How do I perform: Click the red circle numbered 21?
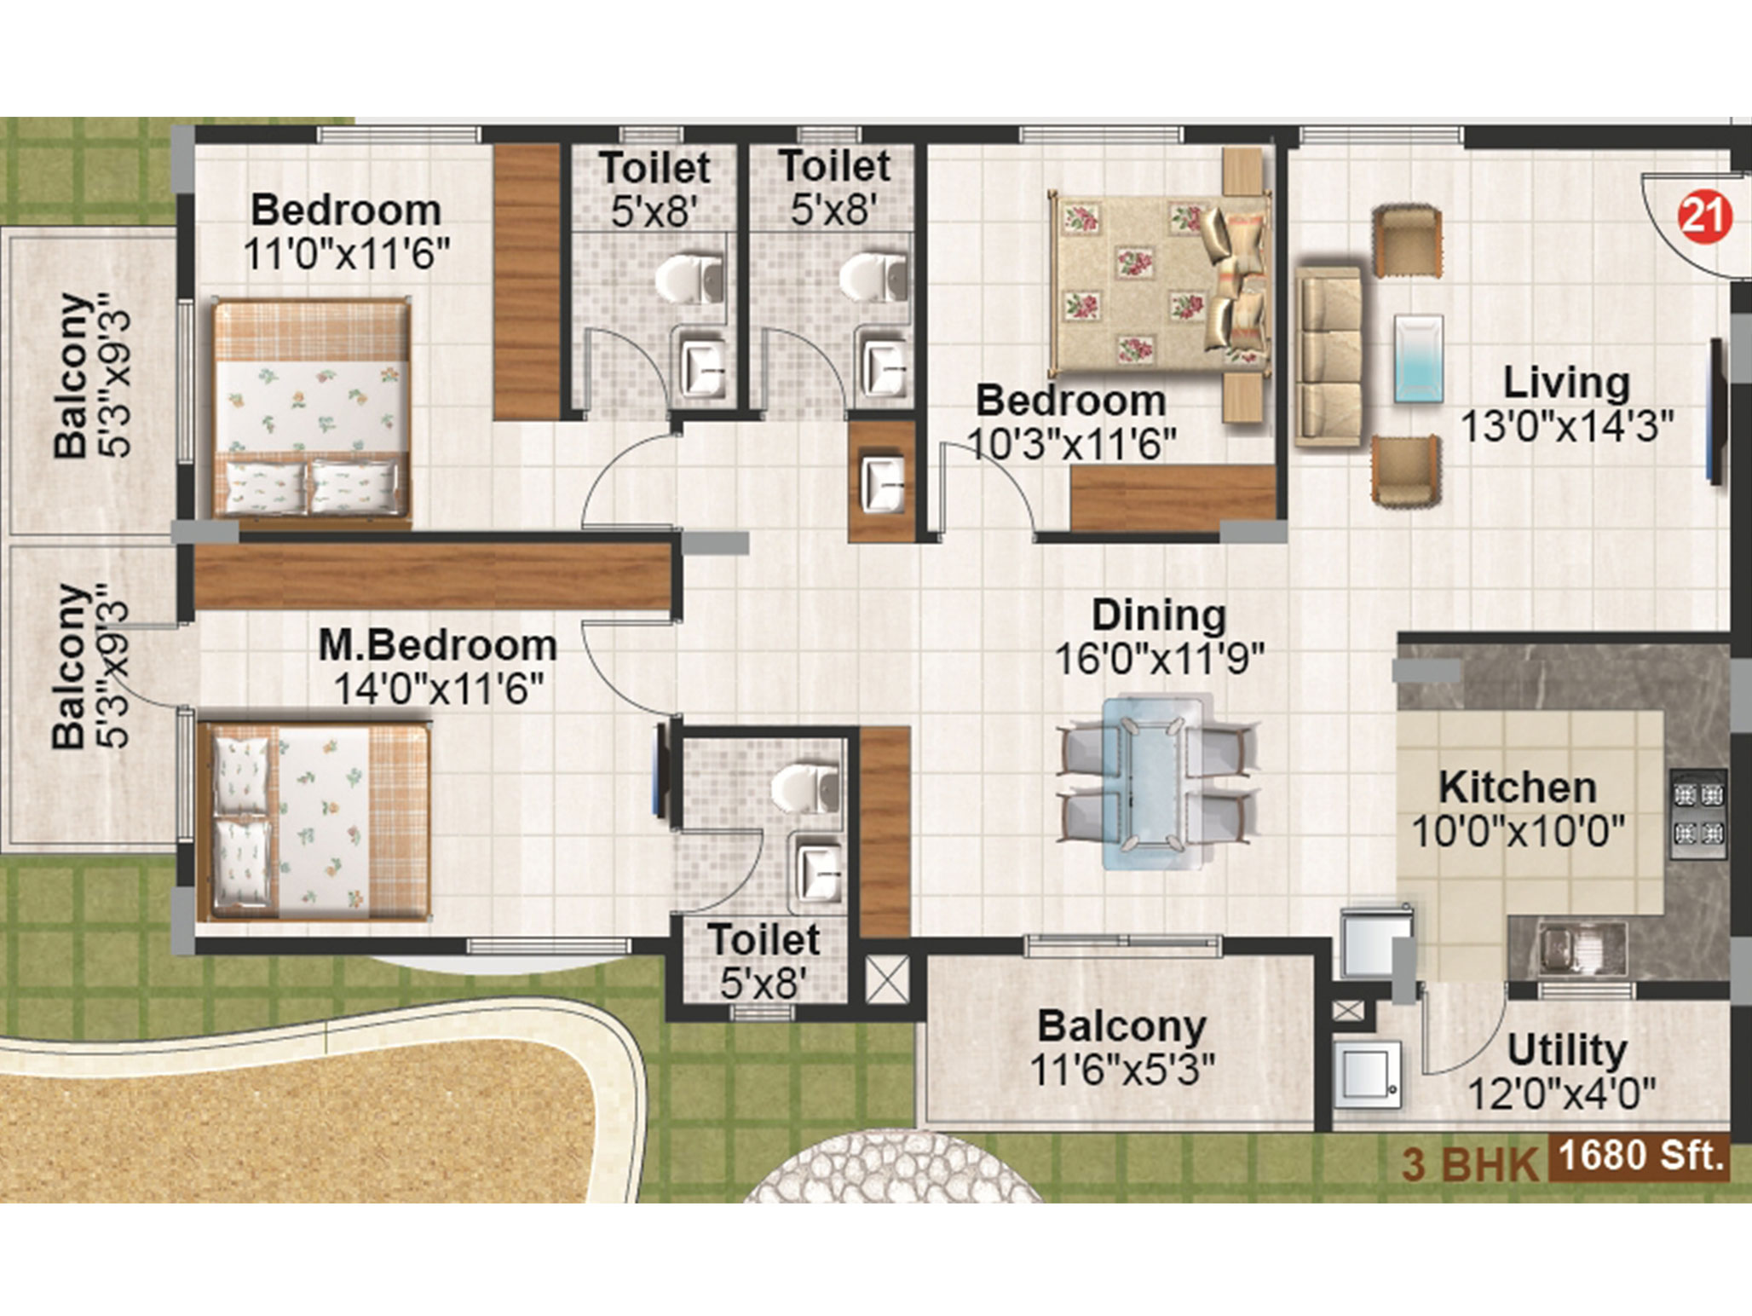[1704, 216]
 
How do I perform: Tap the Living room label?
[1566, 383]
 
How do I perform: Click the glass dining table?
[1155, 782]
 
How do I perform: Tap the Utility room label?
[1566, 1050]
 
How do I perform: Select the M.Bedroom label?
[437, 645]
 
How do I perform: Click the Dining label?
[1159, 615]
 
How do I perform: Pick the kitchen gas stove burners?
[1698, 813]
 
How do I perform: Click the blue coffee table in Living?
[1418, 359]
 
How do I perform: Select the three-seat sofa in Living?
[1328, 355]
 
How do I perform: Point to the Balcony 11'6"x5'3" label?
[1121, 1048]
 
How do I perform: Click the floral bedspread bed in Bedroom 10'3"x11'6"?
[1160, 280]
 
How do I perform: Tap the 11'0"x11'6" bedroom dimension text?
[346, 253]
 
